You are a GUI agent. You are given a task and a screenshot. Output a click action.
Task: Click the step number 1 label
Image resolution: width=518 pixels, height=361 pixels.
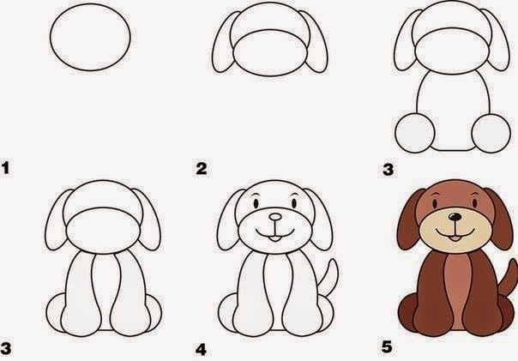[x=6, y=167]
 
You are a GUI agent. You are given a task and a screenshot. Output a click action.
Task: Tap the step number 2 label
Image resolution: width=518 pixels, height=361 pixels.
[x=202, y=168]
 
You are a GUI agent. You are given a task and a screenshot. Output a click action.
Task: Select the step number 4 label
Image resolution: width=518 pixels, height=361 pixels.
[x=201, y=350]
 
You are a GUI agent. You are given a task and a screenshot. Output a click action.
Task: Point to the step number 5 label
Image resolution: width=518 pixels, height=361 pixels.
[x=387, y=346]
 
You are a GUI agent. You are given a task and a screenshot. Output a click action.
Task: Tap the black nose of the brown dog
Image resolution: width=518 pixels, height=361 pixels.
[x=455, y=217]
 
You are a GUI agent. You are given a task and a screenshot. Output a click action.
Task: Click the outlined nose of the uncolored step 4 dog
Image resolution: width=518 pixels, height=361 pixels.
[x=275, y=217]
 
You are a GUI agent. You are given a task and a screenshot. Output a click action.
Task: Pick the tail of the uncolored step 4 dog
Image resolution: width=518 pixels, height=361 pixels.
[x=328, y=278]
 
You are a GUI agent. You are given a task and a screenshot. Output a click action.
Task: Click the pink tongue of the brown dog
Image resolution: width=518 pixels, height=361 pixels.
[x=455, y=238]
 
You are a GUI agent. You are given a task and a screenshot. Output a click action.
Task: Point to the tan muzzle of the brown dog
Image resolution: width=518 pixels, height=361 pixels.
[x=455, y=229]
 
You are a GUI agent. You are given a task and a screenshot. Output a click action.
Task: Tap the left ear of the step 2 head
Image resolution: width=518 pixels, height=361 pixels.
[x=224, y=42]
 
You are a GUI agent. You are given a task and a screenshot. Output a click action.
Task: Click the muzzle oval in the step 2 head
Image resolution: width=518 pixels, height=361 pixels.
[x=270, y=53]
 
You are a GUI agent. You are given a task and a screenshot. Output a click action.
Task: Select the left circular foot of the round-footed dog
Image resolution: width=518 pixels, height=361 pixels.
[x=415, y=133]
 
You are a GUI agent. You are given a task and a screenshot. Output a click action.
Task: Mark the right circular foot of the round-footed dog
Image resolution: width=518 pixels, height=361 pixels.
[x=491, y=133]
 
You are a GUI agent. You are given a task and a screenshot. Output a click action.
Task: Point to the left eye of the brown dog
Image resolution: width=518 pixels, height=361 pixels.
[x=436, y=202]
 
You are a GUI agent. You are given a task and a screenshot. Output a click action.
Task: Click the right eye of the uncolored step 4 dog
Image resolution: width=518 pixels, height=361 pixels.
[x=294, y=203]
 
